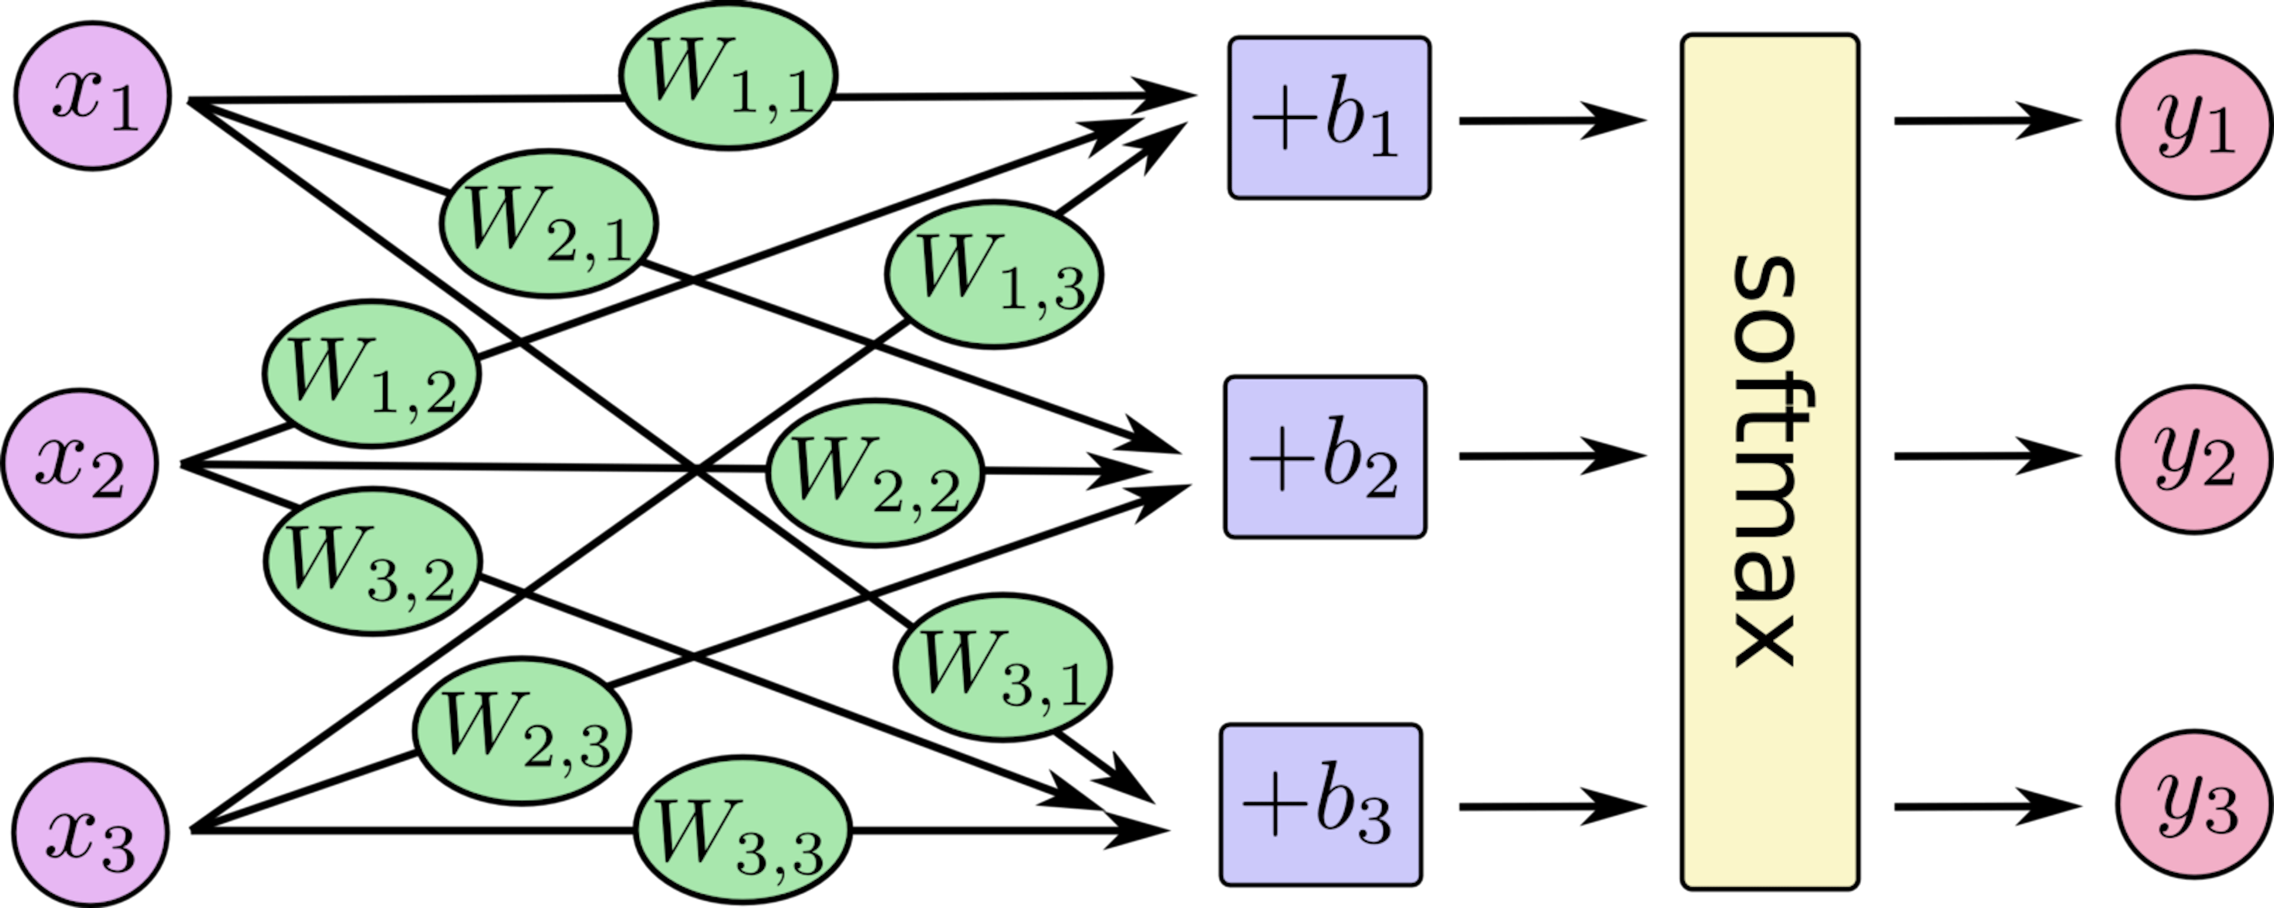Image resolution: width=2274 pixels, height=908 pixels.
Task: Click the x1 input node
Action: [92, 97]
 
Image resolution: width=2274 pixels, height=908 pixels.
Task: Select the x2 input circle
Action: [81, 463]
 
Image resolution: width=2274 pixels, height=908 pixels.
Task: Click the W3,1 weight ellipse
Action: [1002, 666]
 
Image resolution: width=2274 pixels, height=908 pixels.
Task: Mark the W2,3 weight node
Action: [522, 730]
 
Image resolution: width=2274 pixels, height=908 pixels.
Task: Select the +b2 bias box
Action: [1324, 457]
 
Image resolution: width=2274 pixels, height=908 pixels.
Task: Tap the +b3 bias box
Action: [1321, 805]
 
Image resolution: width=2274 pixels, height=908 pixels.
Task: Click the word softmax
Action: [1765, 463]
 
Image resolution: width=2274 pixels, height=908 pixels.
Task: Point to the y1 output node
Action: [2193, 124]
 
